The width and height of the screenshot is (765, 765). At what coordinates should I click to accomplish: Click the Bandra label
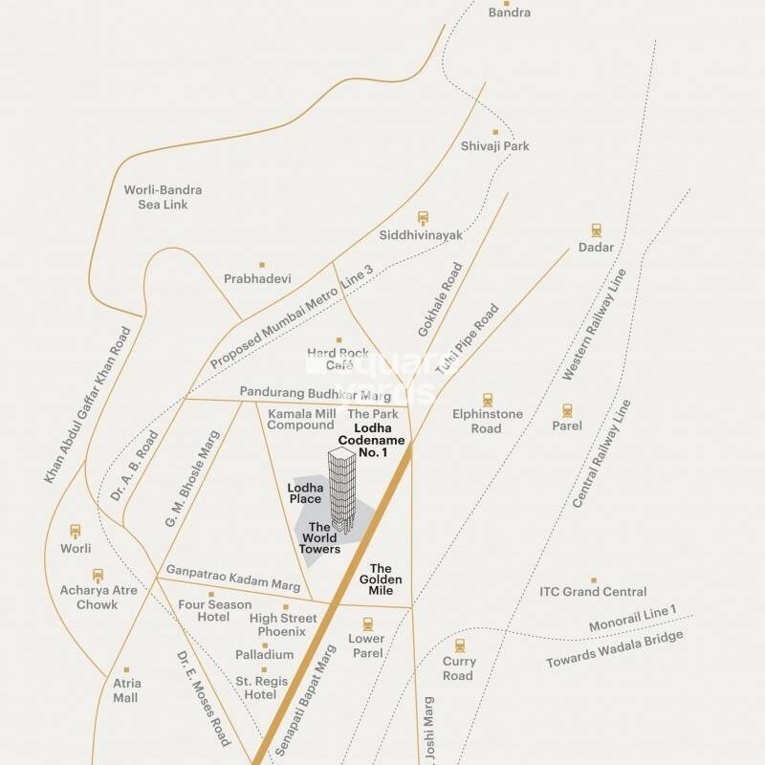[x=510, y=12]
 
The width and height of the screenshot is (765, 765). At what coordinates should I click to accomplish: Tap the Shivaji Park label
[x=494, y=146]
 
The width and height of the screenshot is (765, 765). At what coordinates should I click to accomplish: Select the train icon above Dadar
[x=597, y=230]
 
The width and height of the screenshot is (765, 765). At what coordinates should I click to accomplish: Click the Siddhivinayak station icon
[x=422, y=218]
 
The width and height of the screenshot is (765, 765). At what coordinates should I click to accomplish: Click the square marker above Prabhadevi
[x=261, y=264]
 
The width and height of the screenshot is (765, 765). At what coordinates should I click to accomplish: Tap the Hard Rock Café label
[x=338, y=359]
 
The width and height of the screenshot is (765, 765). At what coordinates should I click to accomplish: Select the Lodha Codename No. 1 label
[x=380, y=439]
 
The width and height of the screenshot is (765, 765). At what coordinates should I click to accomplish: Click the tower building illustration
[x=341, y=492]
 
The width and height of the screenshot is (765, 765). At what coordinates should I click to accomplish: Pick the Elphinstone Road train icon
[x=488, y=400]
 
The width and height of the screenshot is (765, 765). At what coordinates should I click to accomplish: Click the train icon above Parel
[x=567, y=408]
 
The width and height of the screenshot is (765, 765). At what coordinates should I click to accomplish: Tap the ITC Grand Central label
[x=593, y=592]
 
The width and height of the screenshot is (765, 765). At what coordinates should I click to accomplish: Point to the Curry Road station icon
[x=459, y=645]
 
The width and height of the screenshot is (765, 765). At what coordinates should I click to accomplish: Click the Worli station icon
[x=76, y=532]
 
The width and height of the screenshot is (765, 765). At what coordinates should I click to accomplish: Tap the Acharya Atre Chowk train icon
[x=98, y=575]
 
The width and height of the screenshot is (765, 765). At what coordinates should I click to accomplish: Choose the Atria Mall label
[x=125, y=690]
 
